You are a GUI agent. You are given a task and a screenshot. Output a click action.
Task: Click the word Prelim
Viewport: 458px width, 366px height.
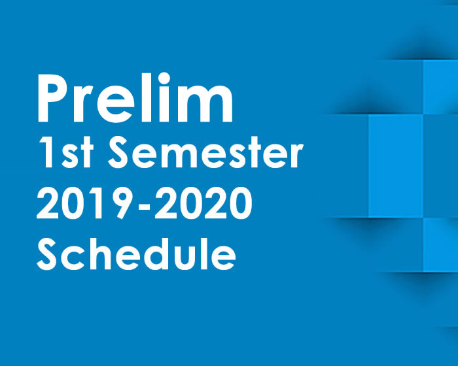point(135,97)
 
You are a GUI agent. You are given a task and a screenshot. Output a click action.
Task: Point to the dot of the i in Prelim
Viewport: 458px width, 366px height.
point(164,78)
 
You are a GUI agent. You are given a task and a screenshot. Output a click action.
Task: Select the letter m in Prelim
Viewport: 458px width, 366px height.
point(205,105)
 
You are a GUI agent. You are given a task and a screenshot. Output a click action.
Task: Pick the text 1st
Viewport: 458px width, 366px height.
point(65,152)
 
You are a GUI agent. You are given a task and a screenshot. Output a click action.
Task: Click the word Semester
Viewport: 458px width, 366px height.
point(205,152)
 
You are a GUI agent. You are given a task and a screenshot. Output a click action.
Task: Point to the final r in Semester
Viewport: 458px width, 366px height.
point(296,156)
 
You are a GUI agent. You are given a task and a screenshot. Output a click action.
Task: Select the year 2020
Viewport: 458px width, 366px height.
point(203,203)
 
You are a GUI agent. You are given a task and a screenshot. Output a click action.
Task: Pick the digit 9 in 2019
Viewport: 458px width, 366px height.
point(120,203)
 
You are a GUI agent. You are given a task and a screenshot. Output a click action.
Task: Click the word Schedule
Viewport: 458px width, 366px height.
point(136,254)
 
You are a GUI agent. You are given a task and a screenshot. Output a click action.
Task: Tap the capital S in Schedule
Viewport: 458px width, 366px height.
point(46,254)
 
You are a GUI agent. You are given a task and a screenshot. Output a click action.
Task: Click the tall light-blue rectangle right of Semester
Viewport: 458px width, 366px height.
point(396,166)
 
